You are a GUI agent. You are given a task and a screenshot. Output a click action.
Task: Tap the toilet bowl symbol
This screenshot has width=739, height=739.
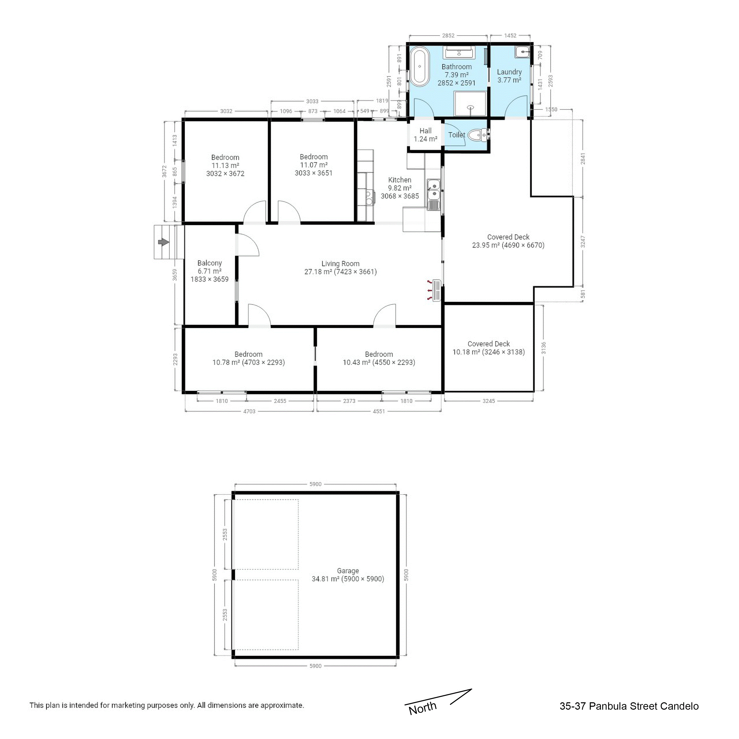click(476, 135)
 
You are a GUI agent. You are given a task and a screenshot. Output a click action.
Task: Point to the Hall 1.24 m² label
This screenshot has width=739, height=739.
click(425, 135)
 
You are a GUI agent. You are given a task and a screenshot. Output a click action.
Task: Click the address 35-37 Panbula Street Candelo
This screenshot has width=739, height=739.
click(629, 706)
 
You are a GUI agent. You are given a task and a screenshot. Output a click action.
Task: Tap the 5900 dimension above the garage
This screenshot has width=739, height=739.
click(316, 484)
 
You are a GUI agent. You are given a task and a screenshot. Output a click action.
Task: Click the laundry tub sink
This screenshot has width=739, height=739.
click(522, 52)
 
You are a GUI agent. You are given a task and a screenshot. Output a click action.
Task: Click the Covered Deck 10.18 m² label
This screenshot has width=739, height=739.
click(488, 348)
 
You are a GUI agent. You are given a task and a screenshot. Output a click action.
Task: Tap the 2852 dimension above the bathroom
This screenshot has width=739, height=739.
click(448, 35)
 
